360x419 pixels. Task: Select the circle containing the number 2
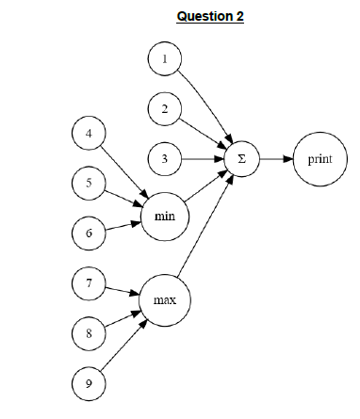point(165,109)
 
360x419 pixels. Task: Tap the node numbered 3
point(165,159)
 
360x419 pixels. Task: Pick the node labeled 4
point(88,134)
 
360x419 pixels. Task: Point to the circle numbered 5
point(88,184)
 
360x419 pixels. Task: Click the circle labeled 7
point(88,283)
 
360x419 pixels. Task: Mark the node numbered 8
point(88,333)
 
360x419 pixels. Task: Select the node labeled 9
point(88,383)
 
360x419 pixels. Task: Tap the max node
point(165,300)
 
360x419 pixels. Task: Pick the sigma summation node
point(242,159)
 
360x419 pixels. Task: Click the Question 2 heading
point(209,17)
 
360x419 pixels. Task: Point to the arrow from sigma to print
point(274,159)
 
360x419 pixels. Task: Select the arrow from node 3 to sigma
point(203,159)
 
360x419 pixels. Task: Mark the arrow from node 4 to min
point(121,169)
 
